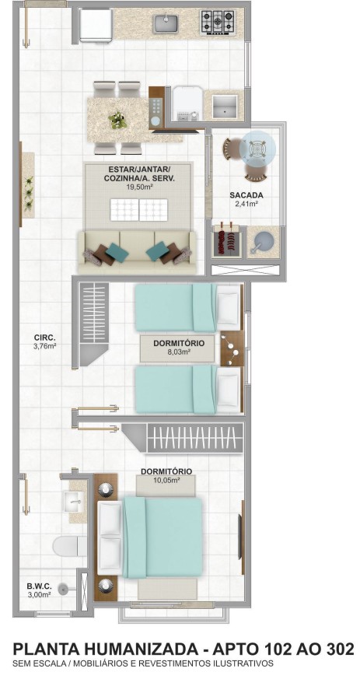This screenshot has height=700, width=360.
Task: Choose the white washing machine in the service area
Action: (x=185, y=105)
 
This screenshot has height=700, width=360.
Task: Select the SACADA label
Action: (x=246, y=195)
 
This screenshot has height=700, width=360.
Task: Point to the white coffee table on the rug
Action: (x=139, y=210)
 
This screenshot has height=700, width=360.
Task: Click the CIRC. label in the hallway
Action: (x=44, y=338)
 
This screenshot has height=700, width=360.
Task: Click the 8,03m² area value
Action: (x=178, y=352)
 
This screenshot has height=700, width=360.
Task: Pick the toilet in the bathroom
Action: (x=69, y=545)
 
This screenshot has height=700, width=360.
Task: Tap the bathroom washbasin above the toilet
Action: (x=75, y=499)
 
